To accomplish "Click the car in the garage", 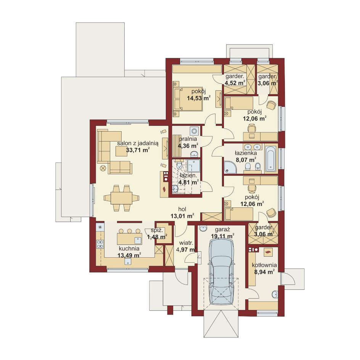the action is point(221,272).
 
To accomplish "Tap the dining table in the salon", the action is point(121,198).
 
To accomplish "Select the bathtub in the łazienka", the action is point(270,159).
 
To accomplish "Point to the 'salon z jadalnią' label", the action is point(138,143).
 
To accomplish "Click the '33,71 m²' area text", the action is point(138,150).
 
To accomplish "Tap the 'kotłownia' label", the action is point(264,265).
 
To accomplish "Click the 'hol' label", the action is point(182,209).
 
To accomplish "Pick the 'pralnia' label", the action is point(188,139).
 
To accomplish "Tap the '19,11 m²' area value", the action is point(223,236).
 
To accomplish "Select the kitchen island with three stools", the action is point(130,236).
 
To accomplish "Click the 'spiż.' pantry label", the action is point(157,230).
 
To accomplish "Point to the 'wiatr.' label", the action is point(186,243).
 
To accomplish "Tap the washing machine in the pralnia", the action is point(194,131).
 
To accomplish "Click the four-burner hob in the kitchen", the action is point(100,244).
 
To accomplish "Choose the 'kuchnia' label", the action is point(129,248).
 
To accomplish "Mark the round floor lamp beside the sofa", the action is point(103,168).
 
